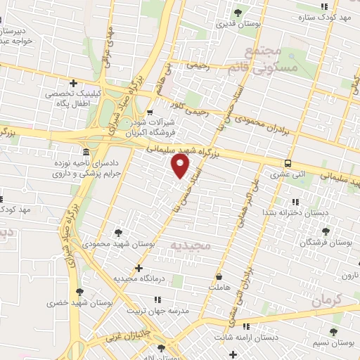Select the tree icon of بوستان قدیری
coord(237,12)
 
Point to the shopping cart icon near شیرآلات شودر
coord(150,112)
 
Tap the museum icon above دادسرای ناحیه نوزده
coord(86,153)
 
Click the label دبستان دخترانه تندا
coord(284,212)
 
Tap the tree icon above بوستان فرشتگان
coord(325,231)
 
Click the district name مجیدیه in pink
coord(191,244)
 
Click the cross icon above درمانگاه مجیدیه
coord(139,268)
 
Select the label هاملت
coord(219,288)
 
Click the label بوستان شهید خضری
coord(81,302)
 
